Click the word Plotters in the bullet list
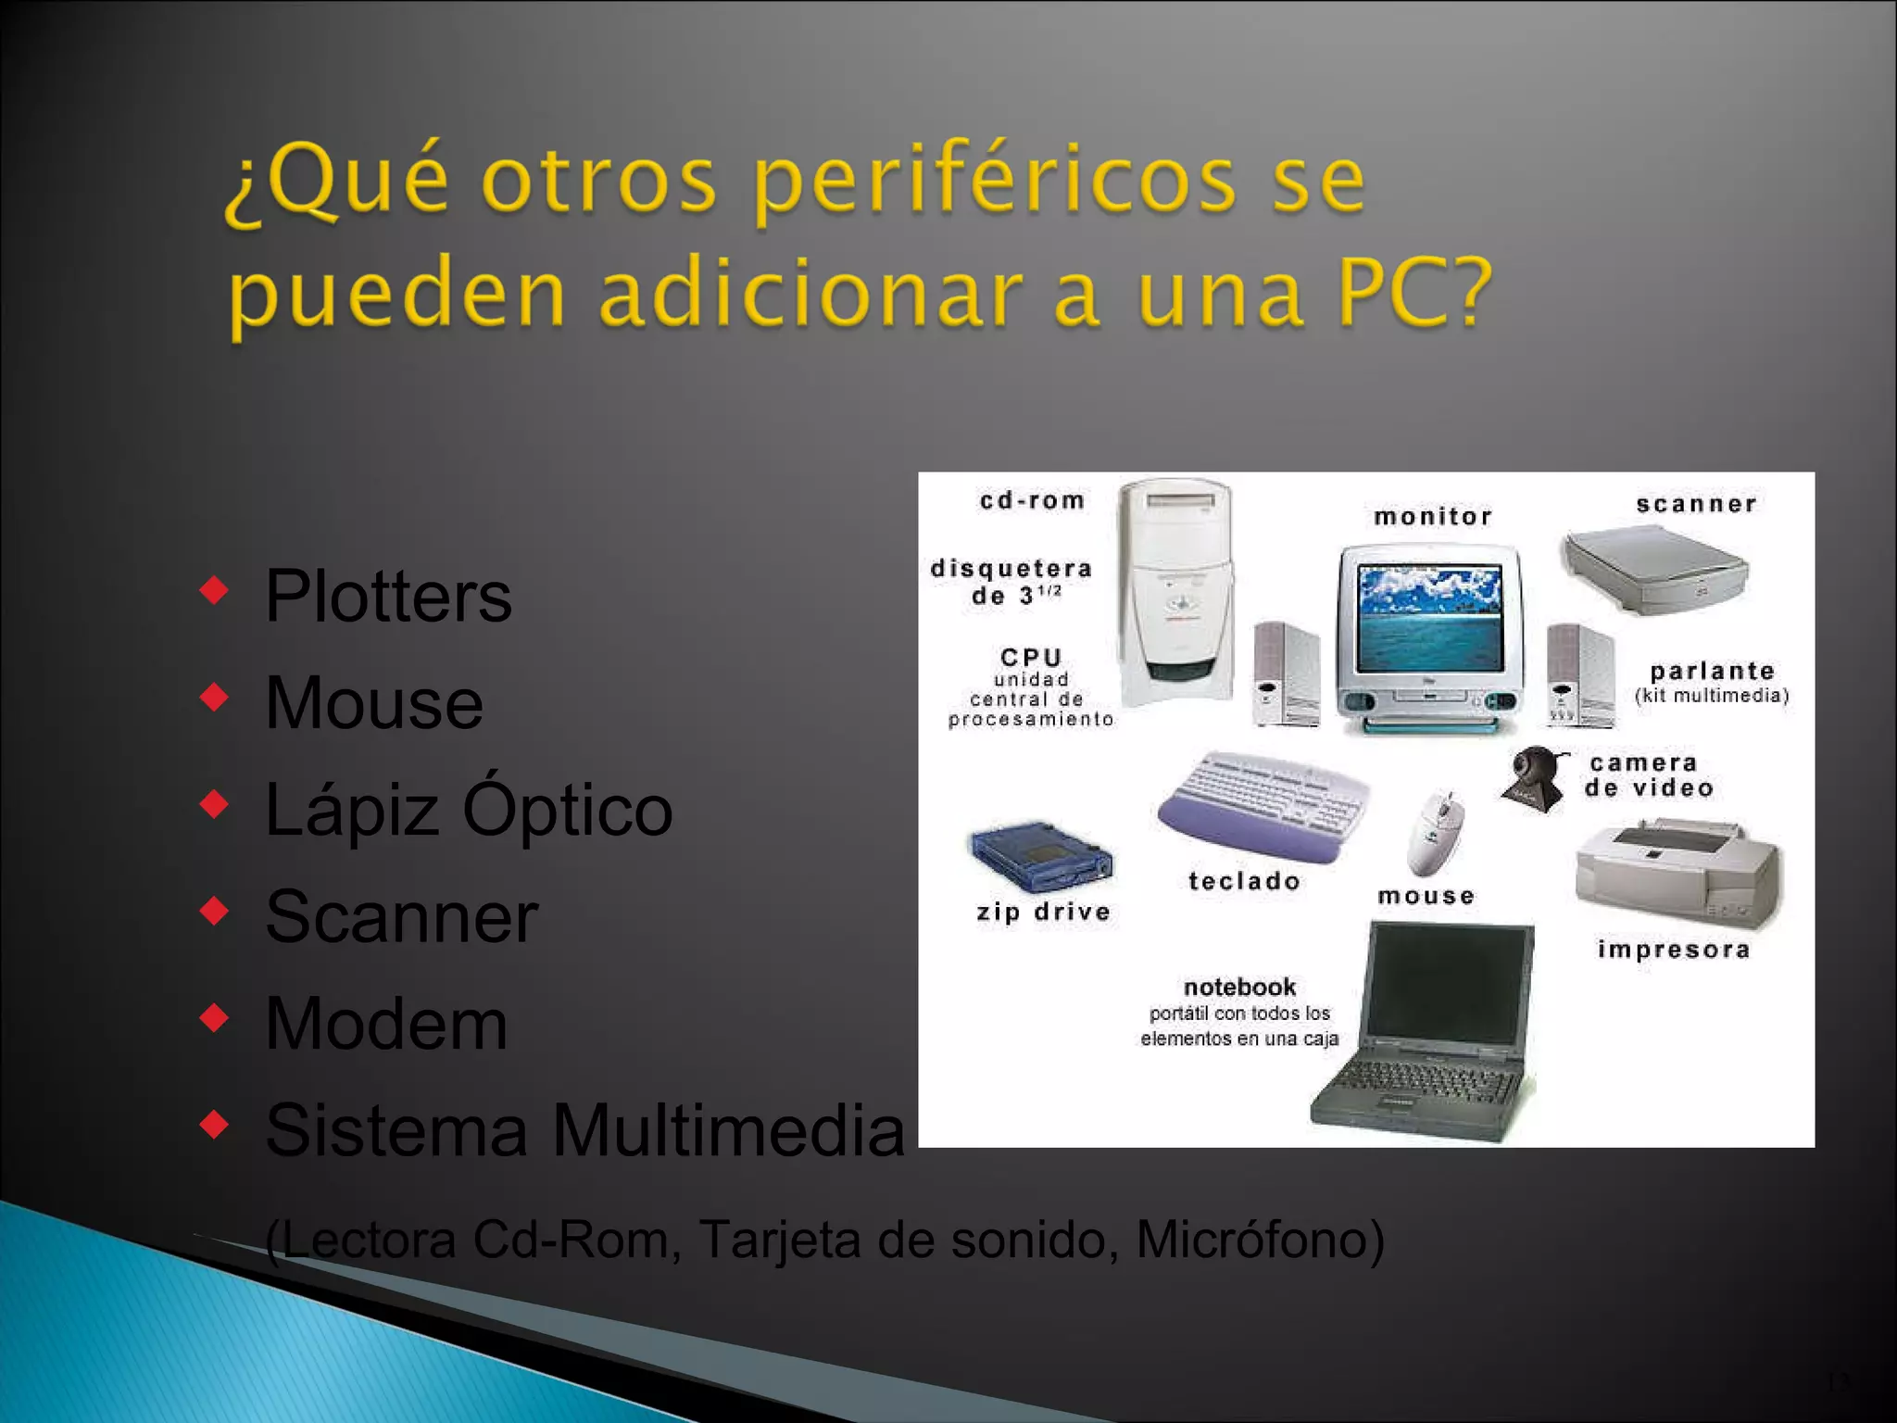coord(387,596)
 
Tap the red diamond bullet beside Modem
coord(214,1018)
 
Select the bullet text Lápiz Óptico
coord(468,809)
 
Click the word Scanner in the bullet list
coord(401,916)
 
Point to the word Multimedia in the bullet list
coord(728,1130)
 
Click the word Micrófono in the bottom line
coord(1260,1239)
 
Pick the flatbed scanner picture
coord(1654,567)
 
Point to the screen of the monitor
coord(1428,618)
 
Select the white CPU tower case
coord(1175,593)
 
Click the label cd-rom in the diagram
coord(1032,501)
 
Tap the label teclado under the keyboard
coord(1244,881)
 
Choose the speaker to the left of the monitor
coord(1286,674)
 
